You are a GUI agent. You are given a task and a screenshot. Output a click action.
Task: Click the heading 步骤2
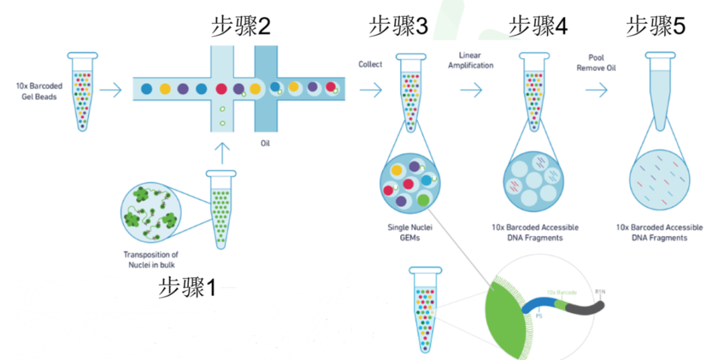coord(241,26)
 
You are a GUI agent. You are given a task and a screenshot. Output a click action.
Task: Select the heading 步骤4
coord(538,26)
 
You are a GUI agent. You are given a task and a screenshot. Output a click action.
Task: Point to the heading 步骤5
coord(656,26)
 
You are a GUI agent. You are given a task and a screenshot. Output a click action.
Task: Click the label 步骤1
coord(188,288)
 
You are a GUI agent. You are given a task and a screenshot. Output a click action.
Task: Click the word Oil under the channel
coord(265,143)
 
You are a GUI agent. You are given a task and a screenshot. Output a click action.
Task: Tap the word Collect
coord(371,64)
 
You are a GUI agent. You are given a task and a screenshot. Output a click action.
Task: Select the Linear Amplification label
coord(475,60)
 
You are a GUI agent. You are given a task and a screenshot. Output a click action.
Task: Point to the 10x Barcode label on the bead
coord(562,292)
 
